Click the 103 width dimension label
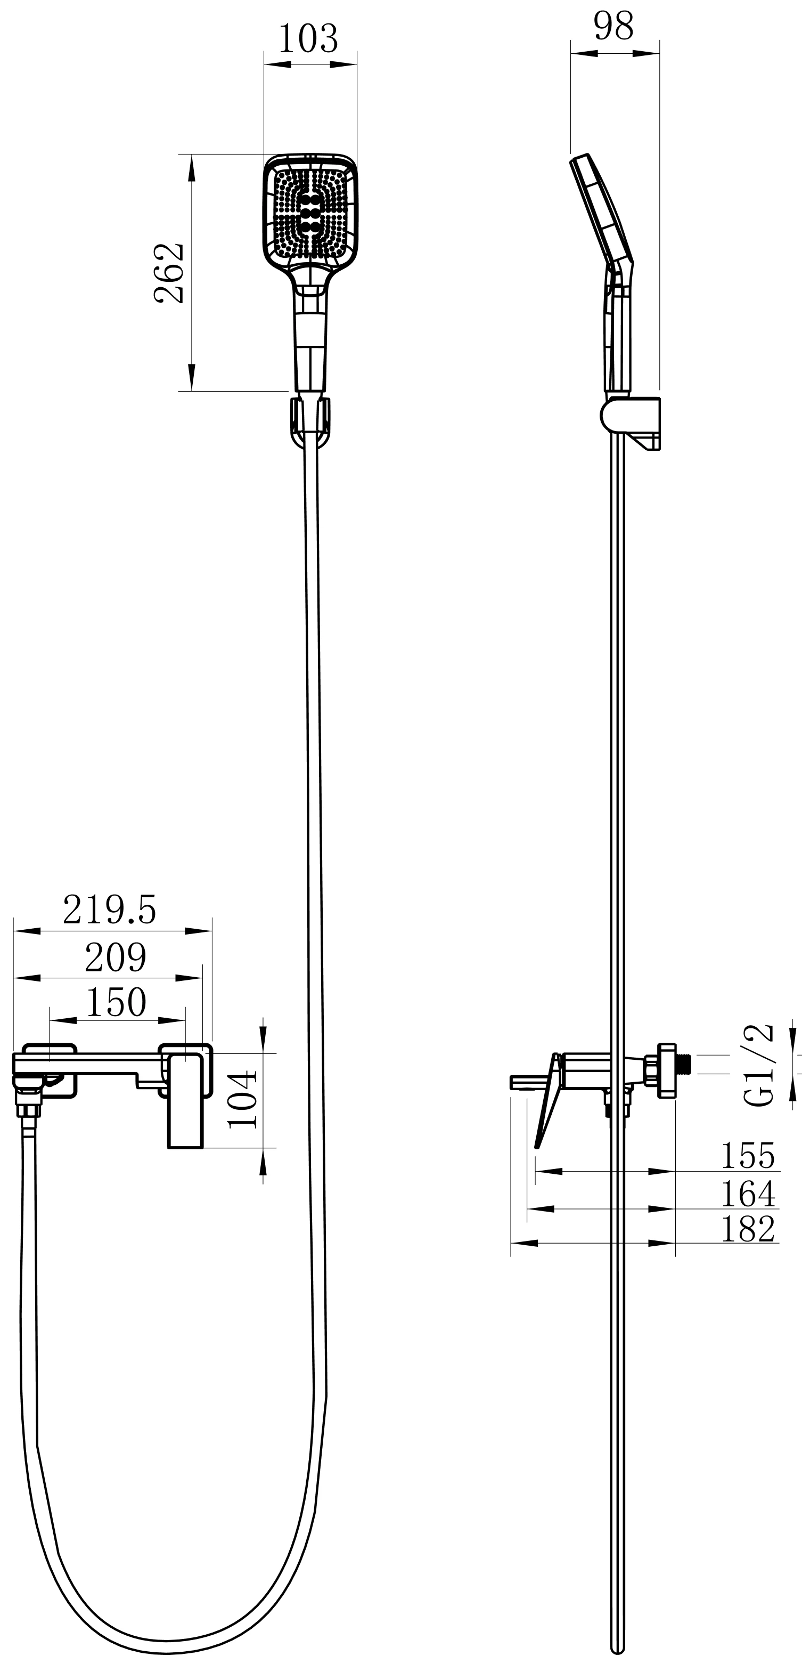point(308,39)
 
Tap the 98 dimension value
point(613,27)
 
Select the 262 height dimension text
point(169,273)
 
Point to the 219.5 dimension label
point(110,910)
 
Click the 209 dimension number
point(116,957)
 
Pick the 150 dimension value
point(116,1002)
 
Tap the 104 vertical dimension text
point(243,1100)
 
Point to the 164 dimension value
point(748,1193)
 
